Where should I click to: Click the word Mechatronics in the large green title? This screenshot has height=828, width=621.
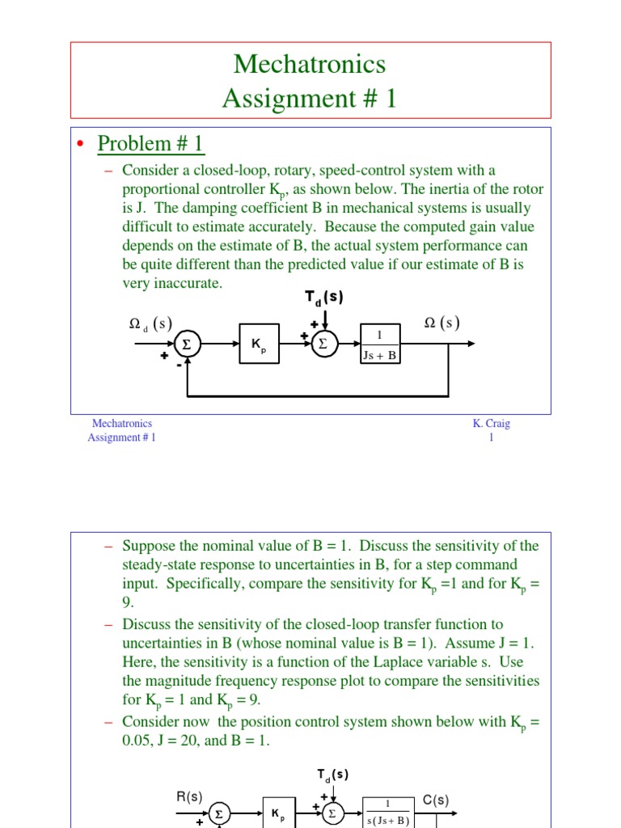tap(310, 64)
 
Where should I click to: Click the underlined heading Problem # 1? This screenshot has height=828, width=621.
tap(150, 144)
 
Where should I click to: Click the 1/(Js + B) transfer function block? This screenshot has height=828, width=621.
tap(380, 344)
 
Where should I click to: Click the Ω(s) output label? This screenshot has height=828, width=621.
tap(442, 323)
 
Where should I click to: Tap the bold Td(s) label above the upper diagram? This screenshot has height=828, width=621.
tap(323, 297)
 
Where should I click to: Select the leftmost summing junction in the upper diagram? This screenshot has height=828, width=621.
tap(187, 344)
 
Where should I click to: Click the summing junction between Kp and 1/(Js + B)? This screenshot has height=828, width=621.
tap(323, 344)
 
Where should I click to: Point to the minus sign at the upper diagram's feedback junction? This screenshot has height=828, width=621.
tap(178, 365)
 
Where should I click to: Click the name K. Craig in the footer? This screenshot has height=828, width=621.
tap(492, 423)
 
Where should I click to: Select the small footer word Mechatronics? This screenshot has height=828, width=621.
tap(122, 423)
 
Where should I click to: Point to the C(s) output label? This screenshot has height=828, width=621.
tap(436, 801)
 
